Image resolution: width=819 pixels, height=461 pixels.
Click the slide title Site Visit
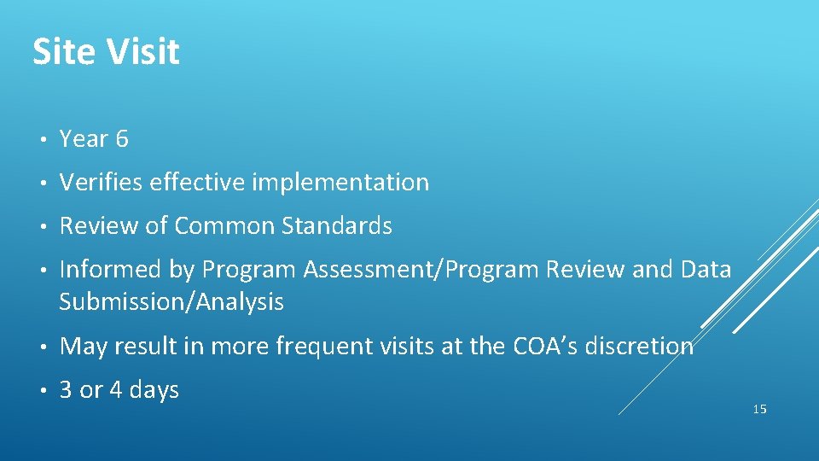coord(106,52)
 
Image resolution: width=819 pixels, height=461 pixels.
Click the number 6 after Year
coord(121,139)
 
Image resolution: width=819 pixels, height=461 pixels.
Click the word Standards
coord(337,226)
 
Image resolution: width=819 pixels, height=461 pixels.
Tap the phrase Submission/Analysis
coord(171,301)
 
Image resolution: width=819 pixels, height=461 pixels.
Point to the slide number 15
coord(760,410)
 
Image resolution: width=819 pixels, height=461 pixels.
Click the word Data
coord(705,270)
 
